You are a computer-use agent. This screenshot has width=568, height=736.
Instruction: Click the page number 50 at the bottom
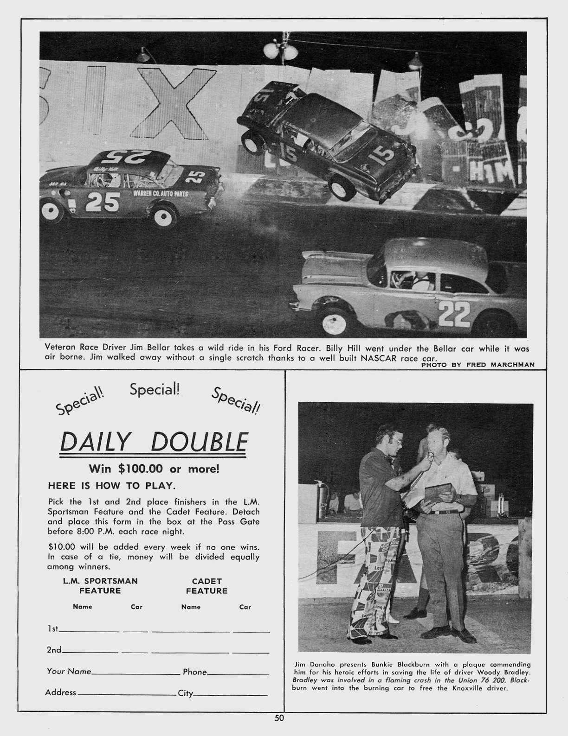pos(279,718)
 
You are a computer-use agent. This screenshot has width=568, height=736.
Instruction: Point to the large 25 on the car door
pos(103,202)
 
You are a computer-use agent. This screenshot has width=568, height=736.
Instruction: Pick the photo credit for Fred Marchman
pos(478,365)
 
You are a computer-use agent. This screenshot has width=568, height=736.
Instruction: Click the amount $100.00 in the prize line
pos(140,469)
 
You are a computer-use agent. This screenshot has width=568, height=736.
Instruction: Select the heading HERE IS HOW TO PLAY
pos(111,486)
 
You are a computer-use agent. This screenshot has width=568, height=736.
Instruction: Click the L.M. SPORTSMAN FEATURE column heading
pos(100,586)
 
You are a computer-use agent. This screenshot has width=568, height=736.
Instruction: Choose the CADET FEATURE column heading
pos(207,586)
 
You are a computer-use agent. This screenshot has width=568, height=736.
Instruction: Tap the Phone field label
pos(194,672)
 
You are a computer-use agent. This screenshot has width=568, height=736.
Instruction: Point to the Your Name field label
pos(68,671)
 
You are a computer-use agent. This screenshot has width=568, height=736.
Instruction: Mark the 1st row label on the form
pos(52,629)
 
